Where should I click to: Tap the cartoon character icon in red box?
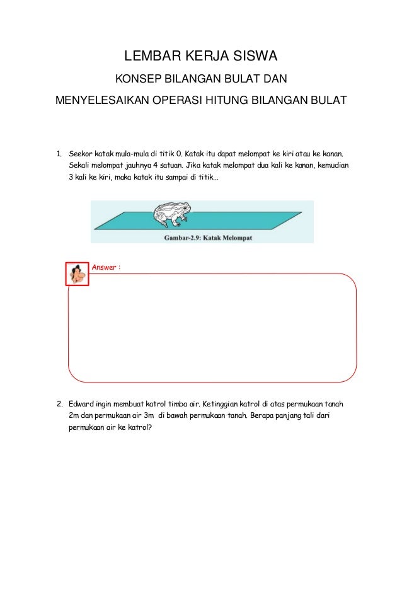(x=78, y=274)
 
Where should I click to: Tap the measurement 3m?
(x=149, y=416)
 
